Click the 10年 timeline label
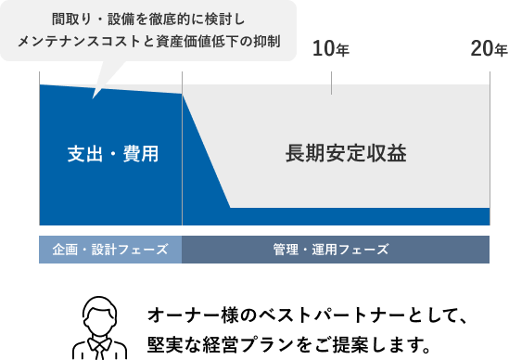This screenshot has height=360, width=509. pyautogui.click(x=330, y=49)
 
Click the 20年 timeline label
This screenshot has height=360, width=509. pyautogui.click(x=488, y=49)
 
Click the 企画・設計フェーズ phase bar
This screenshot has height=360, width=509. pyautogui.click(x=110, y=250)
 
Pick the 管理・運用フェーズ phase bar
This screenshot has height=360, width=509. pyautogui.click(x=336, y=250)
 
